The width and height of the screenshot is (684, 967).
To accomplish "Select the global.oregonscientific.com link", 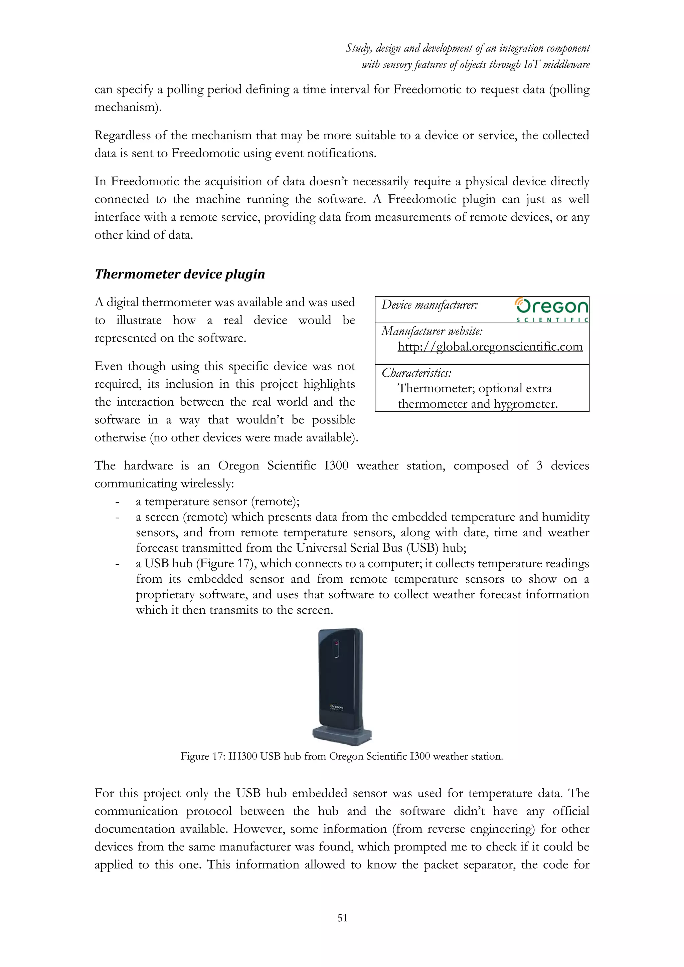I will pyautogui.click(x=490, y=347).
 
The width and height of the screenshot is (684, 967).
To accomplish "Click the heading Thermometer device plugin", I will pyautogui.click(x=180, y=274).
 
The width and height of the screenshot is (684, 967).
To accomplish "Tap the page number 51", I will pyautogui.click(x=342, y=918).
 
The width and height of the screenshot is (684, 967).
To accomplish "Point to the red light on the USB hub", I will pyautogui.click(x=336, y=643).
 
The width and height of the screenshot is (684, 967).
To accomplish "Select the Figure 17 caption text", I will pyautogui.click(x=342, y=756).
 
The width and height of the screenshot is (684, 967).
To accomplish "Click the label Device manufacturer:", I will pyautogui.click(x=430, y=305).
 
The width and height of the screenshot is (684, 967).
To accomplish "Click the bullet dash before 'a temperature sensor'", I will pyautogui.click(x=118, y=502).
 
